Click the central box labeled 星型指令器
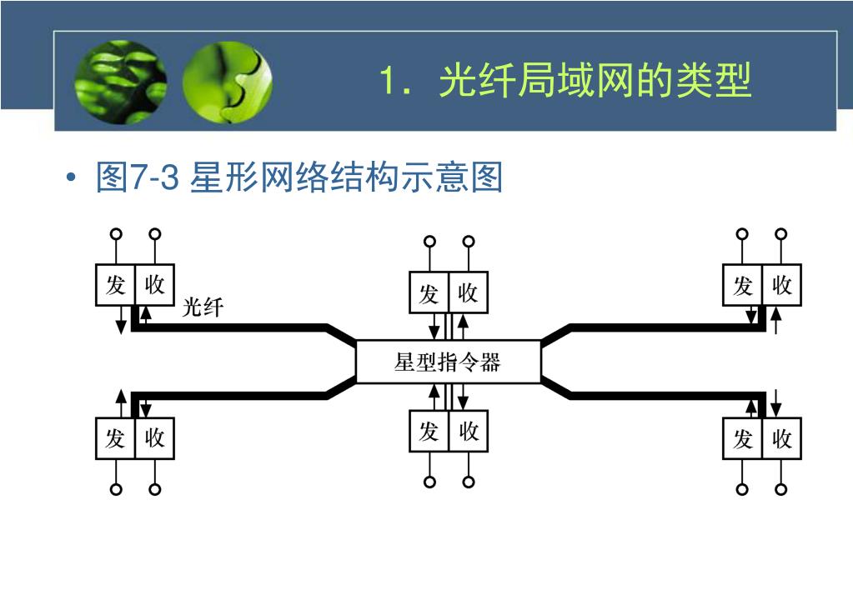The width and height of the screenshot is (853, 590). point(448,362)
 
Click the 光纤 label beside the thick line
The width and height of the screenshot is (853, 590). point(203,307)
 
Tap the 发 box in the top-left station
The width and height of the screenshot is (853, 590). point(115,285)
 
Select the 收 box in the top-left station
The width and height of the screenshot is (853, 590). point(154,285)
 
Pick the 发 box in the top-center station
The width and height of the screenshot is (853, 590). point(429,292)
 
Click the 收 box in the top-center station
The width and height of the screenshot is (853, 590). point(468,292)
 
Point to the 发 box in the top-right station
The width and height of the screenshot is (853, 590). point(742,285)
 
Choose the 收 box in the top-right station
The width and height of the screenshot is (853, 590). point(781,285)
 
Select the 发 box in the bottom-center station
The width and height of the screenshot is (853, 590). point(429,431)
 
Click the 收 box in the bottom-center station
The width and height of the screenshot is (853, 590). point(468,431)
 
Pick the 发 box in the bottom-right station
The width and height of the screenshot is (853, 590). point(742,438)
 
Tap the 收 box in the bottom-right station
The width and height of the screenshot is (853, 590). point(781,438)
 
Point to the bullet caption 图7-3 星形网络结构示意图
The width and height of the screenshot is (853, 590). point(299,177)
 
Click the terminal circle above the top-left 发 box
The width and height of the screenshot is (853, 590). point(117,234)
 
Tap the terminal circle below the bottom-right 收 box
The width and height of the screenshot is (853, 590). point(781,489)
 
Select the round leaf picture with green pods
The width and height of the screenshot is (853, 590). point(121,82)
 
